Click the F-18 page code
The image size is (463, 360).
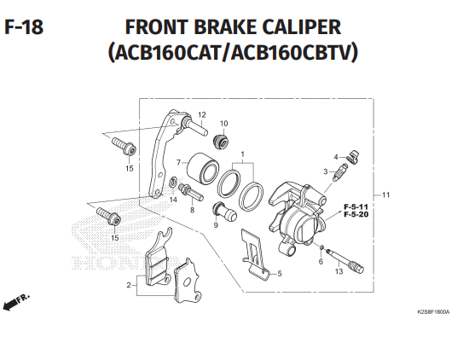pyautogui.click(x=24, y=27)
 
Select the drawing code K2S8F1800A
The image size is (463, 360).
pyautogui.click(x=433, y=312)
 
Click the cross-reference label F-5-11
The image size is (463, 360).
pyautogui.click(x=356, y=206)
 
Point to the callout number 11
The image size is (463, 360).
pyautogui.click(x=385, y=195)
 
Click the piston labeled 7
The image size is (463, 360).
pyautogui.click(x=202, y=168)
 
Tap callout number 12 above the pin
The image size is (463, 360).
pyautogui.click(x=202, y=114)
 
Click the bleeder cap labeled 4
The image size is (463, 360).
pyautogui.click(x=352, y=157)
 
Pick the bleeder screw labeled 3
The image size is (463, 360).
pyautogui.click(x=340, y=171)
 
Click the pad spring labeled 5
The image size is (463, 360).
pyautogui.click(x=256, y=253)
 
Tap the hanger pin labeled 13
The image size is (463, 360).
pyautogui.click(x=344, y=260)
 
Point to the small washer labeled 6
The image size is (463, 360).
pyautogui.click(x=322, y=247)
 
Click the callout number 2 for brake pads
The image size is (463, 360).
pyautogui.click(x=129, y=285)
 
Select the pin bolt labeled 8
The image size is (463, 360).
pyautogui.click(x=191, y=192)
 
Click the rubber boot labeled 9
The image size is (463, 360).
pyautogui.click(x=225, y=212)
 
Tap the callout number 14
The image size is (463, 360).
pyautogui.click(x=173, y=200)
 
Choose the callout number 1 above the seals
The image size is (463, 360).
pyautogui.click(x=242, y=154)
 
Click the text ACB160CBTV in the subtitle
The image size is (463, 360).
pyautogui.click(x=292, y=52)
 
